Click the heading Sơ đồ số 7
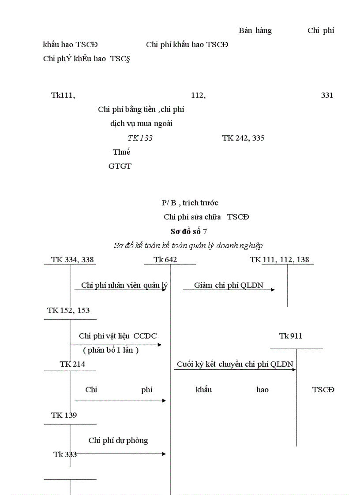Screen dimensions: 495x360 point(188,231)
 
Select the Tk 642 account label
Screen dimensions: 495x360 point(165,260)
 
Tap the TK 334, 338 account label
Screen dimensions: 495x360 point(72,260)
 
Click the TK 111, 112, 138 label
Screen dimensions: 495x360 point(279,260)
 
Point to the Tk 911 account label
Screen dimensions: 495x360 point(291,336)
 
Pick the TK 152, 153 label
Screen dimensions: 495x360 point(68,310)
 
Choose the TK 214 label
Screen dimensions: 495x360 point(72,364)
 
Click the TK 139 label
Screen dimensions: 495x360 point(64,415)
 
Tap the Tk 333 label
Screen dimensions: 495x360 point(65,454)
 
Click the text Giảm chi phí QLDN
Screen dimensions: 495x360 point(229,285)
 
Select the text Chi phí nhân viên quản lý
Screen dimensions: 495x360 point(124,285)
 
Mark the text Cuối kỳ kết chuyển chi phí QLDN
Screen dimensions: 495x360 point(235,364)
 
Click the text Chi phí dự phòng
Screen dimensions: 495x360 point(118,440)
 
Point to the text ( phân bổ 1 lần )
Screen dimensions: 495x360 point(111,350)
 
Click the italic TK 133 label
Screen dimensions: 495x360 point(140,138)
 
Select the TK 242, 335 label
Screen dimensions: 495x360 point(243,138)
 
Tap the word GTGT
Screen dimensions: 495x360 point(120,166)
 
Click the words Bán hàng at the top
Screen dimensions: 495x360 point(255,30)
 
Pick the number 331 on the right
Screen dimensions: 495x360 point(327,95)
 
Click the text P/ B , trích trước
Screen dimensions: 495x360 point(190,203)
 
